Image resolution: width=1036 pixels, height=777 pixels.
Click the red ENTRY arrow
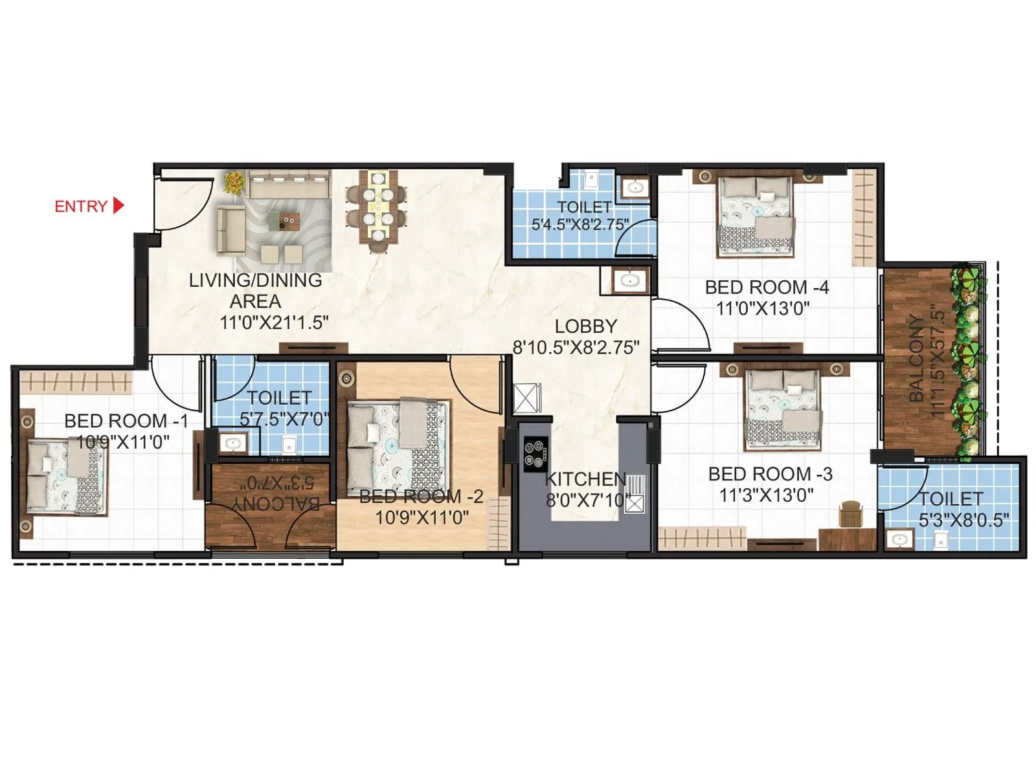point(118,206)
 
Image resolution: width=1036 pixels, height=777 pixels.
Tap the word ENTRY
point(81,207)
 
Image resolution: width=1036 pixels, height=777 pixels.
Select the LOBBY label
point(585,326)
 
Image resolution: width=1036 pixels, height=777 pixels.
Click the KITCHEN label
point(585,479)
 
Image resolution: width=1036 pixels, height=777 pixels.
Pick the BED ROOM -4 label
point(767,287)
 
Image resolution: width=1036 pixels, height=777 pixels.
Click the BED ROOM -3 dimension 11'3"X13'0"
point(767,495)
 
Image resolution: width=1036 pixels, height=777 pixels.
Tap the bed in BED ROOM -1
point(65,478)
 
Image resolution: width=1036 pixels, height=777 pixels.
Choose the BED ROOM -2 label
point(422,497)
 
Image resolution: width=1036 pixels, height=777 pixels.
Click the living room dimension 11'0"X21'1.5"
point(274,322)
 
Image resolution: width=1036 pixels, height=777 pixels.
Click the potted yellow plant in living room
point(234,182)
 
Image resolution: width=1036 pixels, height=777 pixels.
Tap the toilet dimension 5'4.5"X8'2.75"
point(580,225)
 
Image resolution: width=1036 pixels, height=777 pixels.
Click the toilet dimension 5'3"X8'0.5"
point(963,520)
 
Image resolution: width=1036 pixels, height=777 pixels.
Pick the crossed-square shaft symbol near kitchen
point(527,398)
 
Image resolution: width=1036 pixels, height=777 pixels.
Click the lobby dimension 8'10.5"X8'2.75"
point(576,348)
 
